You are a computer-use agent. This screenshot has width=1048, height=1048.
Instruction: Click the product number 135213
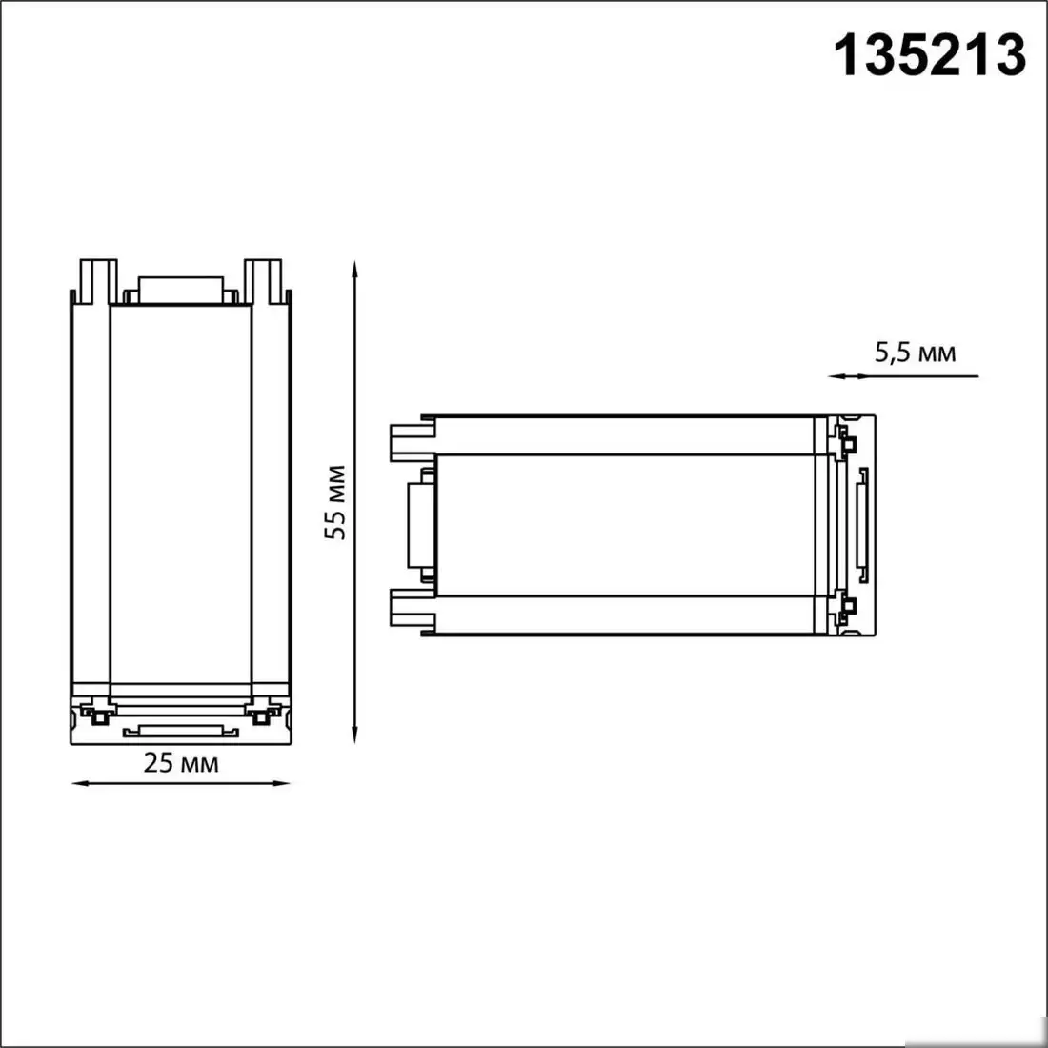[x=930, y=54]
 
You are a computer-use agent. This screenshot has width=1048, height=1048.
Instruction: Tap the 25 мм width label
[x=181, y=762]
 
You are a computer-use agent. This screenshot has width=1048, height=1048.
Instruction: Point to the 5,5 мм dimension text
[x=915, y=353]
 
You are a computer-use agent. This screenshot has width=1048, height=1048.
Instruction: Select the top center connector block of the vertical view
[x=181, y=290]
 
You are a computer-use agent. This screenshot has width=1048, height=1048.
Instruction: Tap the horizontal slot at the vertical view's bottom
[x=180, y=731]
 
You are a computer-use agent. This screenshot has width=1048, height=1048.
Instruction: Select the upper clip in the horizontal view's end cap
[x=844, y=441]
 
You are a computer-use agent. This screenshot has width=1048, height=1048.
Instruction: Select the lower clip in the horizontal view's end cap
[x=844, y=606]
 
